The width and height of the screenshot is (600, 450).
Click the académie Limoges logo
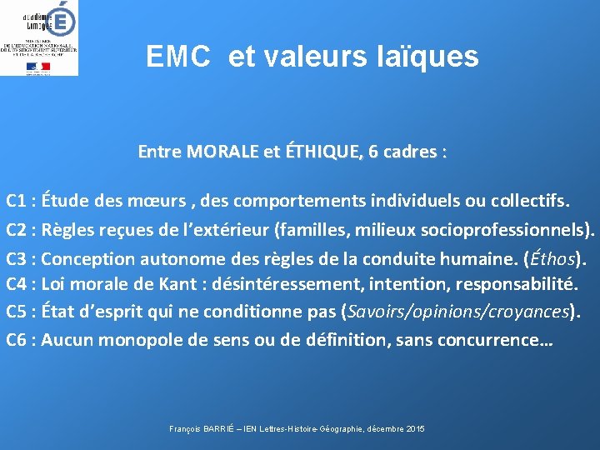point(40,37)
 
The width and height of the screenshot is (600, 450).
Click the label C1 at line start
point(19,201)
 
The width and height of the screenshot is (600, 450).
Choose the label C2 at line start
point(19,229)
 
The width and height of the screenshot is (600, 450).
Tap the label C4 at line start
point(19,284)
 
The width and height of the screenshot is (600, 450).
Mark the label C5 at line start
point(19,312)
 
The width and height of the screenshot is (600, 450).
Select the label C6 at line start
point(19,340)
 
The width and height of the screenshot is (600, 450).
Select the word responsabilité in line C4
point(517,284)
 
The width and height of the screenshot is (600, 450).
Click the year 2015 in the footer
point(415,428)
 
